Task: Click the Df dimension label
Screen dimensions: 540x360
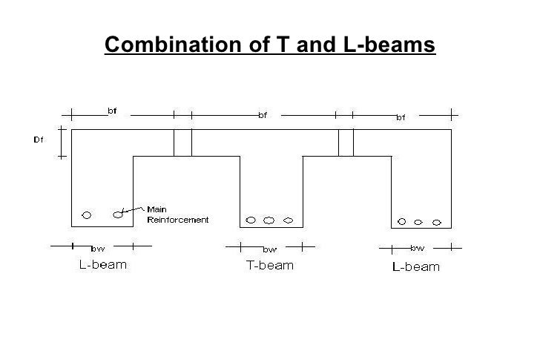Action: coord(39,139)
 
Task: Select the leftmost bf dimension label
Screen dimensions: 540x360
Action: coord(112,111)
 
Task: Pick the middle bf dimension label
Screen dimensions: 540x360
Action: coord(263,115)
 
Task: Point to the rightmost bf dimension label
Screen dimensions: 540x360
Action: coord(400,117)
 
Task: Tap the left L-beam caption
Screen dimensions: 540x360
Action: coord(102,265)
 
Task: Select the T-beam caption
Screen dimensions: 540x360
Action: coord(269,265)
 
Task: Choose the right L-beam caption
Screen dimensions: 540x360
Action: coord(415,267)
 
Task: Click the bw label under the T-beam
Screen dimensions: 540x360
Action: coord(270,249)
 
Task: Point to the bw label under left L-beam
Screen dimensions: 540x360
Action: coord(97,248)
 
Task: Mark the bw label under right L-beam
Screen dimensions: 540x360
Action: coord(417,248)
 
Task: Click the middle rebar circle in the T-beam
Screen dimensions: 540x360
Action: coord(269,220)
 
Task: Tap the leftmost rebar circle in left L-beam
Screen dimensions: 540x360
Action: coord(87,215)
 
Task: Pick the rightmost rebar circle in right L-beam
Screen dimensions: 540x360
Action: coord(437,221)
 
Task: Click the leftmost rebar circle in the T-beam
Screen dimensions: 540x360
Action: coord(251,220)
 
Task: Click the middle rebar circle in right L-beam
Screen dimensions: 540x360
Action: coord(419,221)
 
